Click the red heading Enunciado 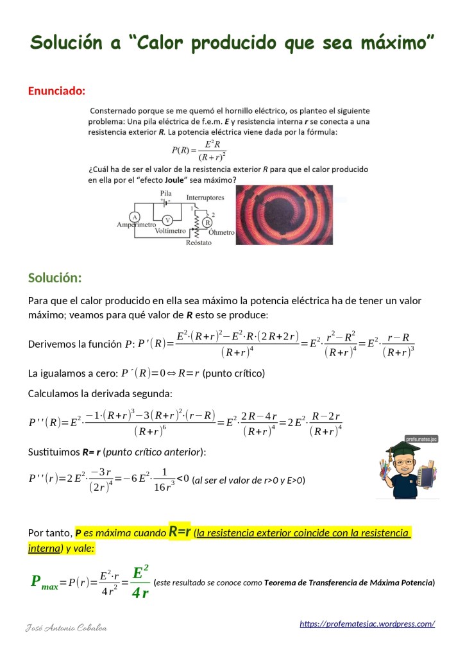[56, 90]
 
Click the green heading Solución [55, 278]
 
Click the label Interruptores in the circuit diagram [205, 198]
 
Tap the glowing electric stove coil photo [284, 215]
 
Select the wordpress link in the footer [367, 624]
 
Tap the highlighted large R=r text [180, 532]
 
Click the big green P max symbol [44, 583]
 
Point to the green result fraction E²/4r [140, 581]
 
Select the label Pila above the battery [166, 192]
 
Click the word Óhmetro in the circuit [221, 232]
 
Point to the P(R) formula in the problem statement [199, 150]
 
